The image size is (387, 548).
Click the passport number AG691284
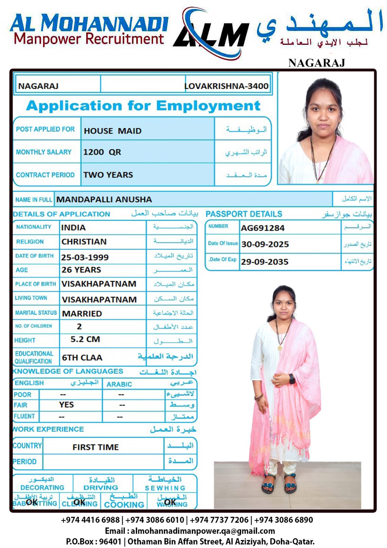262,228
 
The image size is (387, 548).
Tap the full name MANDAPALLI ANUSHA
104,199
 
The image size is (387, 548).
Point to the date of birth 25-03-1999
85,257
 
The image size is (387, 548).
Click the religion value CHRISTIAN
84,242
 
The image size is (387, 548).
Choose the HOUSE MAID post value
113,131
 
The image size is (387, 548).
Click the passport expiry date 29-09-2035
265,262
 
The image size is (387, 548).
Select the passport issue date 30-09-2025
265,244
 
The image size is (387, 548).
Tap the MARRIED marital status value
82,314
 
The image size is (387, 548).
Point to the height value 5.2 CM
85,339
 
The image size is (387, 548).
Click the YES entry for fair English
66,405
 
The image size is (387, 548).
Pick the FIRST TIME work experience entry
95,447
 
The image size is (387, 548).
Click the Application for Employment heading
143,105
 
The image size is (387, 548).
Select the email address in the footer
203,531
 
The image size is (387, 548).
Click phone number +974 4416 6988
90,520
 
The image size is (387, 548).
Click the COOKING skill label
124,505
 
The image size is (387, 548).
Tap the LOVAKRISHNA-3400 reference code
227,86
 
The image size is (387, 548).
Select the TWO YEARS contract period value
108,175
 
